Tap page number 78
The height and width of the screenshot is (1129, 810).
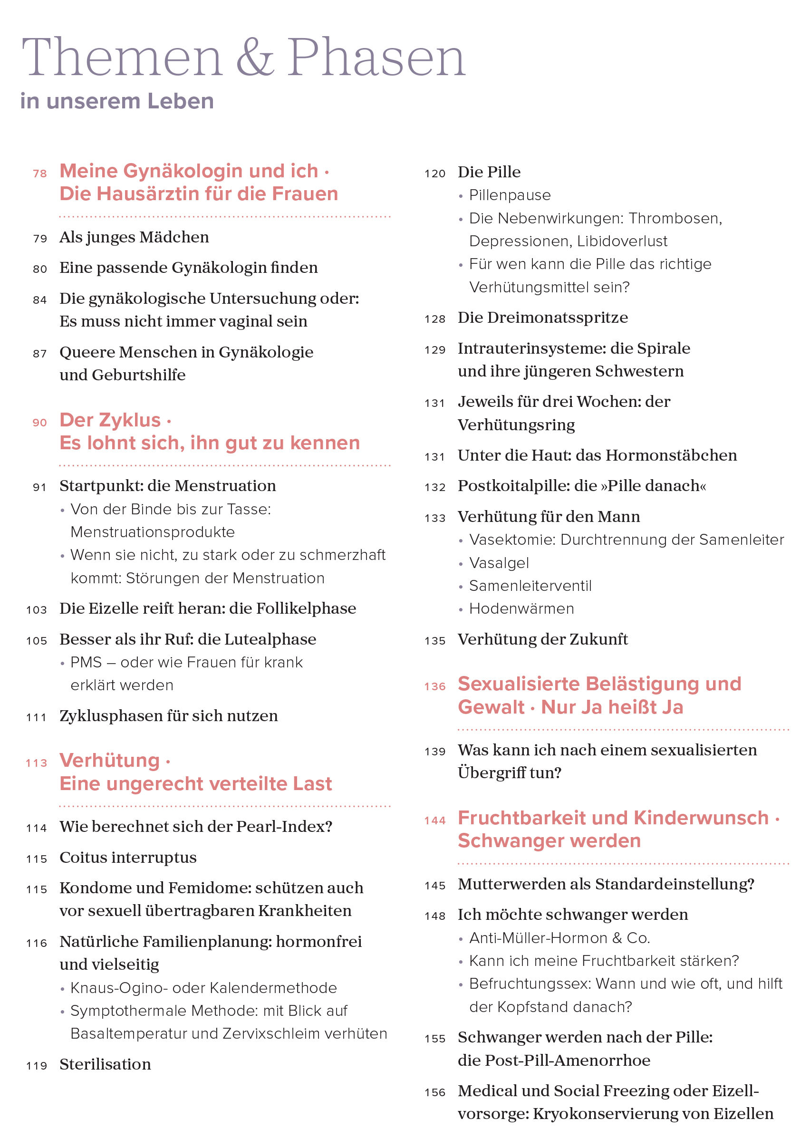[40, 174]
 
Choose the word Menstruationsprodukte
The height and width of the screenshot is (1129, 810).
[152, 532]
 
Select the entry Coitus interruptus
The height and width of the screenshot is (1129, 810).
[128, 858]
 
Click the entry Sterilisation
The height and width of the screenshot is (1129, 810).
[105, 1064]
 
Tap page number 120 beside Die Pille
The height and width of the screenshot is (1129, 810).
[434, 174]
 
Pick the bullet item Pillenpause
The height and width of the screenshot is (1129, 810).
[510, 195]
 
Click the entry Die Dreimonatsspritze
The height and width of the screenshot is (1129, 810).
[543, 318]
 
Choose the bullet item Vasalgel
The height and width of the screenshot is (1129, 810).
[499, 563]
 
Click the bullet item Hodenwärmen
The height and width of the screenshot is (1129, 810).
[521, 609]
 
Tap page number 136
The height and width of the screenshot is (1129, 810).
[434, 686]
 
